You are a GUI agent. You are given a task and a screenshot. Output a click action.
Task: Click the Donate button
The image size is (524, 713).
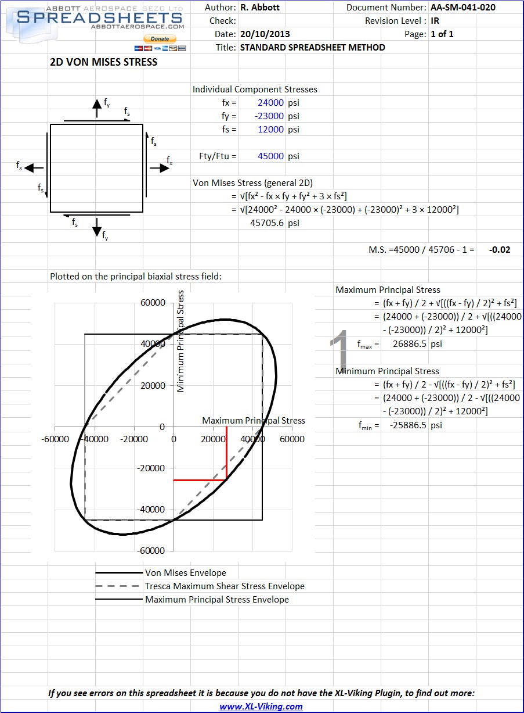pyautogui.click(x=160, y=39)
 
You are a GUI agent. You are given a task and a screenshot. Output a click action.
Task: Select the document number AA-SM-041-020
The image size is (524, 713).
pyautogui.click(x=463, y=8)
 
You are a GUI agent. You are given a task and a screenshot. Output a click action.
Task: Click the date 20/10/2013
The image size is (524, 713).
pyautogui.click(x=265, y=34)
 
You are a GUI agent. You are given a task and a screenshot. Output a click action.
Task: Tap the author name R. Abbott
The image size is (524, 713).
pyautogui.click(x=261, y=8)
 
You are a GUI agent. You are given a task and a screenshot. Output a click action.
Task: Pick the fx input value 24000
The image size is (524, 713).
pyautogui.click(x=270, y=103)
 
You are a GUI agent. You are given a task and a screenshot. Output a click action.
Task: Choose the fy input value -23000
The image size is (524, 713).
pyautogui.click(x=269, y=116)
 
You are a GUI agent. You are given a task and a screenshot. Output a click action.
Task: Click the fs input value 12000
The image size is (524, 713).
pyautogui.click(x=270, y=130)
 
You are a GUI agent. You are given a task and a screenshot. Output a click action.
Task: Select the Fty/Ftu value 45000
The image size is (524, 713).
pyautogui.click(x=270, y=156)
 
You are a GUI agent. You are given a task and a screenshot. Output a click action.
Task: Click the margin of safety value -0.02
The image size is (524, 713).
pyautogui.click(x=500, y=250)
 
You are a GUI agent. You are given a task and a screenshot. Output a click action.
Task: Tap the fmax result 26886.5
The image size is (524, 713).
pyautogui.click(x=409, y=344)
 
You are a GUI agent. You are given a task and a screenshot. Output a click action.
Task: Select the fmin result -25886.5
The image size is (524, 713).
pyautogui.click(x=408, y=425)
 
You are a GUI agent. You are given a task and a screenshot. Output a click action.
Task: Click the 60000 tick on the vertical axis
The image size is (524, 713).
pyautogui.click(x=153, y=303)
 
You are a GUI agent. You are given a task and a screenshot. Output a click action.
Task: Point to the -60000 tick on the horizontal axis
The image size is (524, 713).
pyautogui.click(x=55, y=439)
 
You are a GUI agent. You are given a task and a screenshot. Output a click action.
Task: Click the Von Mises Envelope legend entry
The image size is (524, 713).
pyautogui.click(x=186, y=573)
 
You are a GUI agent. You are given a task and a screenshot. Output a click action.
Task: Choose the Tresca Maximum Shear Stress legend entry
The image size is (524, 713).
pyautogui.click(x=225, y=586)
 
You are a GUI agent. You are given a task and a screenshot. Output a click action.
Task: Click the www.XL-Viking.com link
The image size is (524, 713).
pyautogui.click(x=261, y=707)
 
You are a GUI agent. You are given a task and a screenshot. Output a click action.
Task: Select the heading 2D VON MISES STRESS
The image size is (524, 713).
pyautogui.click(x=104, y=62)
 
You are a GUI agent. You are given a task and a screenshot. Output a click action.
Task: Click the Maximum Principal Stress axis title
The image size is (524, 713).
pyautogui.click(x=253, y=421)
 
